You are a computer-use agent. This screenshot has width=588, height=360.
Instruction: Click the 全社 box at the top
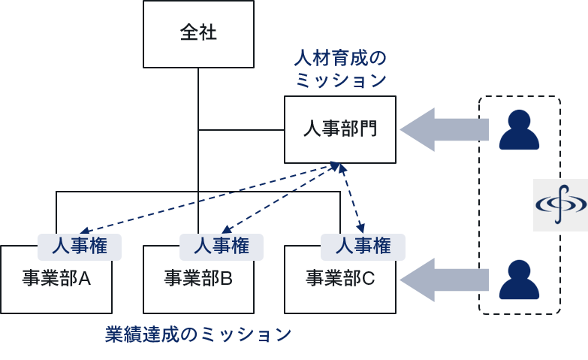pos(198,34)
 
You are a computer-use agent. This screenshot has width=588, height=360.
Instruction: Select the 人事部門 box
pos(339,129)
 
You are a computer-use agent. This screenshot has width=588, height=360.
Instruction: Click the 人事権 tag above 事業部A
pos(80,247)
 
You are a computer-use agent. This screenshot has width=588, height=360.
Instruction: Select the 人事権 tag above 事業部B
pos(222,247)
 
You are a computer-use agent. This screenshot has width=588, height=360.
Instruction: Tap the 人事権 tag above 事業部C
pos(363,247)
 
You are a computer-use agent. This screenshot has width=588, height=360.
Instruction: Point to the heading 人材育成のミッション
pos(340,68)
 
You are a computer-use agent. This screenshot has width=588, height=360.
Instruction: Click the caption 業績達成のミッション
pos(198,334)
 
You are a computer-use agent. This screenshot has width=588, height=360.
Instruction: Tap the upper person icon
pos(519,129)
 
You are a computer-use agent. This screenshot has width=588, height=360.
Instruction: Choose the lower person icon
pos(519,279)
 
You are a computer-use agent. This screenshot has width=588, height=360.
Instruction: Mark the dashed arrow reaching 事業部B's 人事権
pos(278,198)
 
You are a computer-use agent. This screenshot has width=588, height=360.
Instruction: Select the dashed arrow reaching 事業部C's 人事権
pos(353,197)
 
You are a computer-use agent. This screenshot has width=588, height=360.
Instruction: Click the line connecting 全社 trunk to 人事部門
pos(240,130)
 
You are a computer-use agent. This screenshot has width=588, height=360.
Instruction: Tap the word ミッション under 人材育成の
pos(340,80)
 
